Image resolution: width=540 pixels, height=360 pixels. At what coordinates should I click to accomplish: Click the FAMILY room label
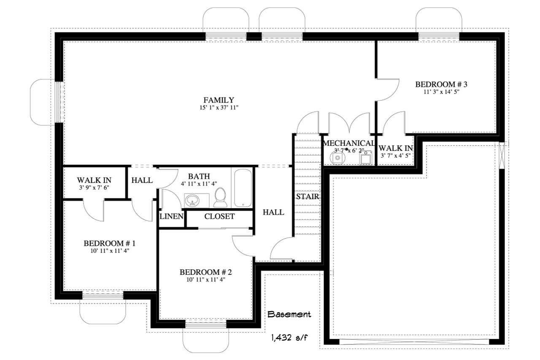[x=219, y=100]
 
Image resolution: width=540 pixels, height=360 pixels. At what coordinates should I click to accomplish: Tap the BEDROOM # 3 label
[x=441, y=84]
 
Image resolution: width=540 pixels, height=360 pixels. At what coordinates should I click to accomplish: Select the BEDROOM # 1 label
[x=109, y=243]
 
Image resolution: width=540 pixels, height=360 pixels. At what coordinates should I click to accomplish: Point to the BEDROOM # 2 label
[x=206, y=272]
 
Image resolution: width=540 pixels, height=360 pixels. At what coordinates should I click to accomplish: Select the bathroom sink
[x=193, y=200]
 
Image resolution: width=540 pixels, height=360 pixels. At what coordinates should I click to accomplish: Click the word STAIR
[x=307, y=196]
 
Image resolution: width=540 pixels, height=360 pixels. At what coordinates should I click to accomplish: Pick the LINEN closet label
[x=171, y=217]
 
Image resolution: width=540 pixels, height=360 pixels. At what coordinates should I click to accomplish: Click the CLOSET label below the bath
[x=219, y=217]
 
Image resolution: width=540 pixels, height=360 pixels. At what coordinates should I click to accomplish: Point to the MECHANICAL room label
[x=348, y=143]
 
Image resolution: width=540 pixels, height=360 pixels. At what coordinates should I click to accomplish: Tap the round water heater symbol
[x=337, y=158]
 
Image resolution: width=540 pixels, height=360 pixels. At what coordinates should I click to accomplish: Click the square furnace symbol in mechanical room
[x=365, y=158]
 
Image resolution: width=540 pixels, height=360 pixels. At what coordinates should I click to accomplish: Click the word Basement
[x=289, y=314]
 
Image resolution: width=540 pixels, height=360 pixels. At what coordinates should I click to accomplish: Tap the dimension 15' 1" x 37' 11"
[x=219, y=108]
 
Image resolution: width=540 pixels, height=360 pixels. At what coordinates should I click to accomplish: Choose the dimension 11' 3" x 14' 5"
[x=441, y=91]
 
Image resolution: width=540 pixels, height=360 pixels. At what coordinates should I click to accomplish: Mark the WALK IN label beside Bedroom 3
[x=395, y=148]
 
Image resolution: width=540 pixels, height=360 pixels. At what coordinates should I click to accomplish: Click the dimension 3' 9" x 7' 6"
[x=94, y=188]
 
